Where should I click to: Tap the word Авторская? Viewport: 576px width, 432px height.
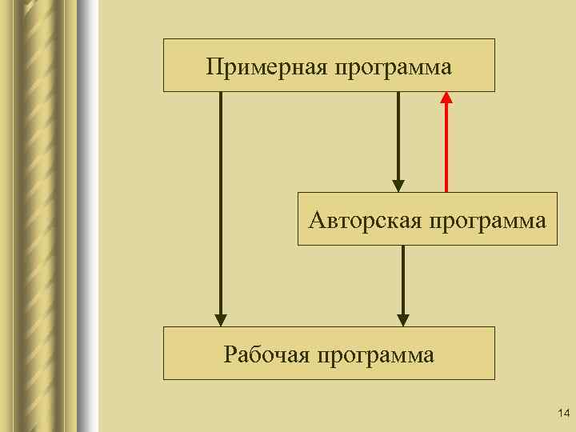365,219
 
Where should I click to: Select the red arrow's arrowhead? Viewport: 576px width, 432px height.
446,98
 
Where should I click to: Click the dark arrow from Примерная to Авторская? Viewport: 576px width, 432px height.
398,136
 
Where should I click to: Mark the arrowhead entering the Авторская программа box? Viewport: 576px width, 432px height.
398,185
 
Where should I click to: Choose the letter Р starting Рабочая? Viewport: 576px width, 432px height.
230,354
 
